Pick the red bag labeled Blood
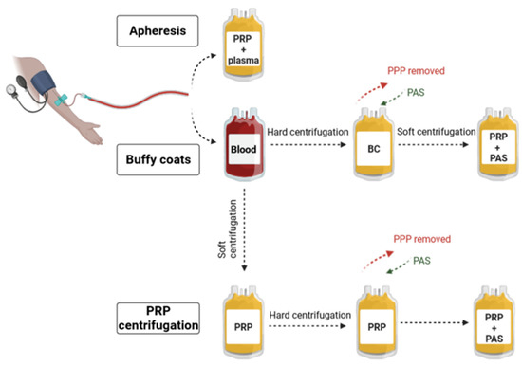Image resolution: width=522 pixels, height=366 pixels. tap(244, 150)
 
